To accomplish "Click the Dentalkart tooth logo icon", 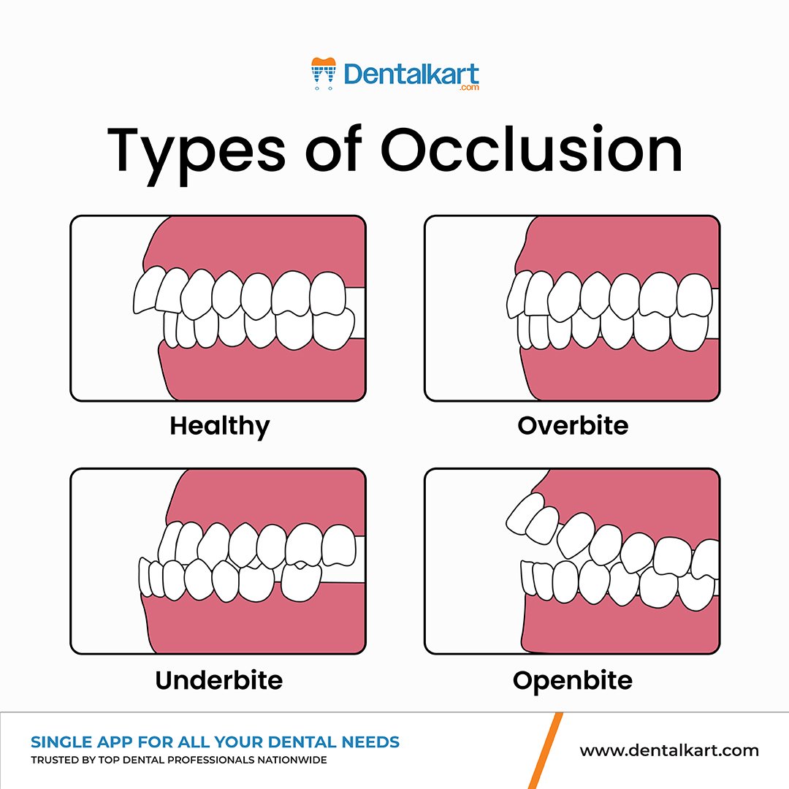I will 322,74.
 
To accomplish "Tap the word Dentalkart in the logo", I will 411,74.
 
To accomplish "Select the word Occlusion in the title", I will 531,150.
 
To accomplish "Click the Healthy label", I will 219,425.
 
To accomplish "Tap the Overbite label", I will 573,425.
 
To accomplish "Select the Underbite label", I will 218,680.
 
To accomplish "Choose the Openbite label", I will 572,680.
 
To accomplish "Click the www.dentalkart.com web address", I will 669,750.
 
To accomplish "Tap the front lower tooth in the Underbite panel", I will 145,577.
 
